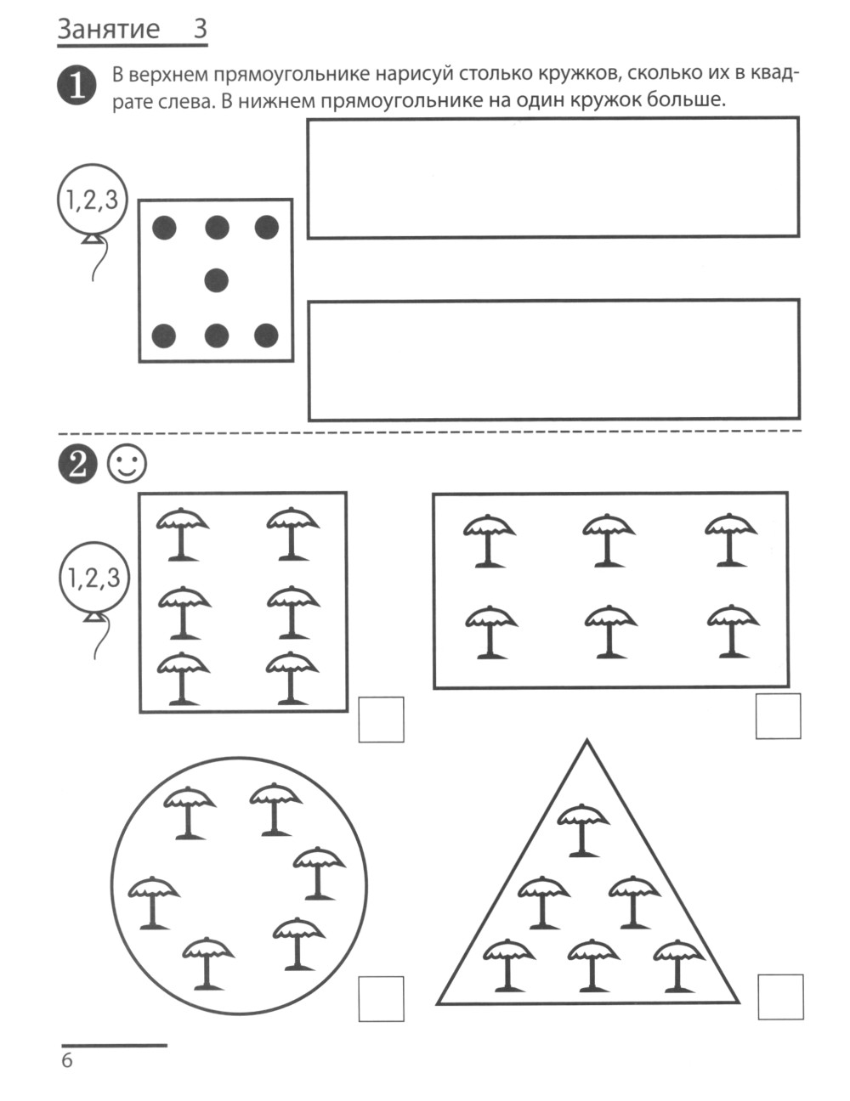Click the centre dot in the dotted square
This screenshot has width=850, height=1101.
(x=217, y=279)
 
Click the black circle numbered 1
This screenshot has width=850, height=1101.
(x=76, y=88)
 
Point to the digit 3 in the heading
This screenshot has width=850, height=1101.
(x=200, y=30)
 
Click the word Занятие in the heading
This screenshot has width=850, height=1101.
(x=108, y=30)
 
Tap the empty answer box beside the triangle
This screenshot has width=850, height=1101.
(x=779, y=997)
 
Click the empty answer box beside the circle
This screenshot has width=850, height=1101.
(x=381, y=998)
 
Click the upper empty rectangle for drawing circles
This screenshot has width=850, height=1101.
(x=552, y=177)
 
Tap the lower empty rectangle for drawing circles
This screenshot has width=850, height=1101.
(x=552, y=359)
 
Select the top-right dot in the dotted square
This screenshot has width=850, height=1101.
(x=267, y=227)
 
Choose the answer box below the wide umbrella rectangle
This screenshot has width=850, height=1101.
(x=778, y=716)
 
